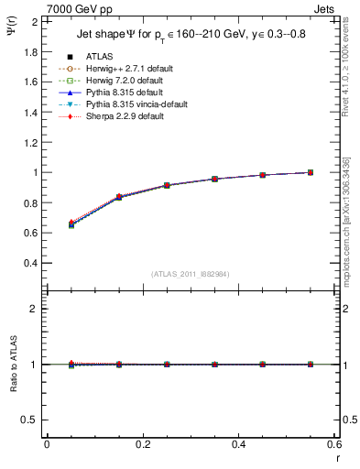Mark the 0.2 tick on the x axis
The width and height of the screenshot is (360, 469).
[142, 444]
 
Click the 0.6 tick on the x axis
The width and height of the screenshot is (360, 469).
[333, 444]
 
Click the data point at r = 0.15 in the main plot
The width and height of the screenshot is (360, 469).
[118, 197]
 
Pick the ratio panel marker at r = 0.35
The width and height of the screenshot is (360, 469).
[214, 364]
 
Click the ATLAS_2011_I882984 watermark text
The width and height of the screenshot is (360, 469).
[190, 274]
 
